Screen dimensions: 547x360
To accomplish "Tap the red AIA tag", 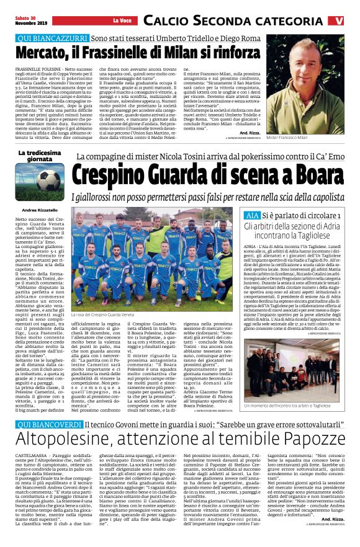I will click(x=253, y=215).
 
